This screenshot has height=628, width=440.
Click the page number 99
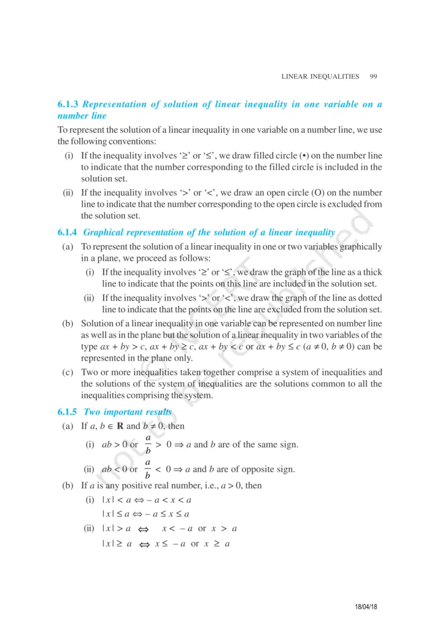[373, 77]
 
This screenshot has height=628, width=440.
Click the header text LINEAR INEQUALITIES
[320, 77]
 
